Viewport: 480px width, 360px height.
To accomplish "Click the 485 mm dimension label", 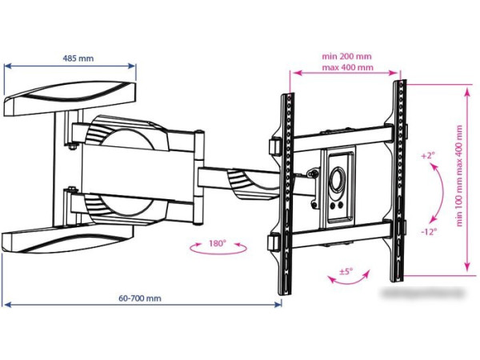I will tap(71, 58).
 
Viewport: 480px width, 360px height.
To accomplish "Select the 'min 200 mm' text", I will tap(347, 57).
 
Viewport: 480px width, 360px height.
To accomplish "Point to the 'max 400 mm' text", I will tap(347, 68).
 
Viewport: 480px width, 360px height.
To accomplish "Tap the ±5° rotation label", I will tap(346, 271).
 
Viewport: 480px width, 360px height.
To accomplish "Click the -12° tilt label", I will tap(428, 232).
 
